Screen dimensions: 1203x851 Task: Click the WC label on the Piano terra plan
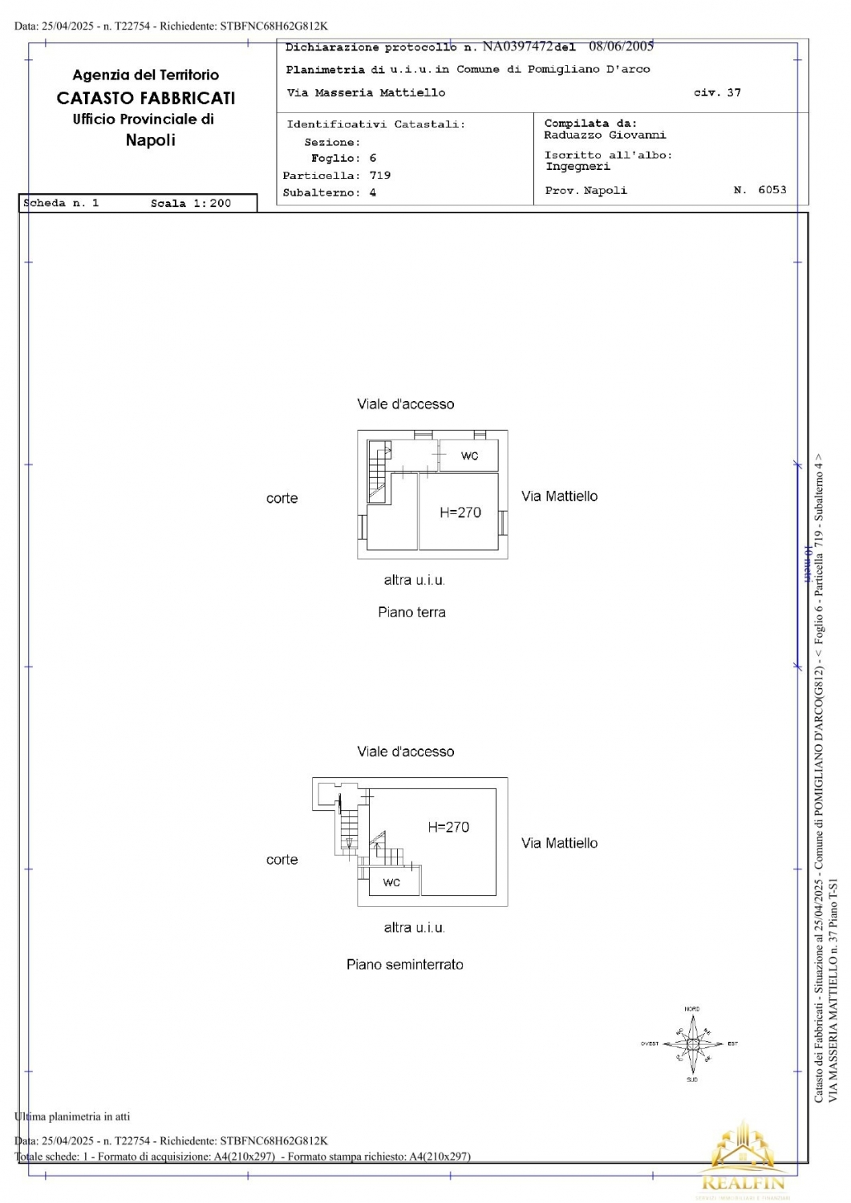469,456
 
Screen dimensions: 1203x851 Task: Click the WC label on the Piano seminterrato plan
391,882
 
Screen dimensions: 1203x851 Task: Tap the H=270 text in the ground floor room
460,512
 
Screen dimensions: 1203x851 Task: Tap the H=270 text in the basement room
448,827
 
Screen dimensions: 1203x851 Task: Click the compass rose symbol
692,1044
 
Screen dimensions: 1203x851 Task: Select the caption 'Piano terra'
411,612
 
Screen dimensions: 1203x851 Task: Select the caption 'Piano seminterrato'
405,964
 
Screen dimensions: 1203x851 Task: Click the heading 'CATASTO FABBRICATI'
146,98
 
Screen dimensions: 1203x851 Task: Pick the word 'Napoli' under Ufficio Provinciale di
150,140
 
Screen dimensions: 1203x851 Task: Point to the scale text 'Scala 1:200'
191,204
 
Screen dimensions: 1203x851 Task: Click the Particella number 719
380,175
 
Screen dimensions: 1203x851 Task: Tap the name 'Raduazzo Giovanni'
605,136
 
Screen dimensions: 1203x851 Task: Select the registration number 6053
772,190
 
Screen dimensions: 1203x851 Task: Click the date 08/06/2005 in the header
621,47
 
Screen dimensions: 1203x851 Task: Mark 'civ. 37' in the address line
717,93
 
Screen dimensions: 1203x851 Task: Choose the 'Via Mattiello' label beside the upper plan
559,496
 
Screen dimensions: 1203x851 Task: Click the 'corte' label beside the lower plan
282,860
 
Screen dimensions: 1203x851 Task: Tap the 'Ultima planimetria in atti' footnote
72,1116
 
